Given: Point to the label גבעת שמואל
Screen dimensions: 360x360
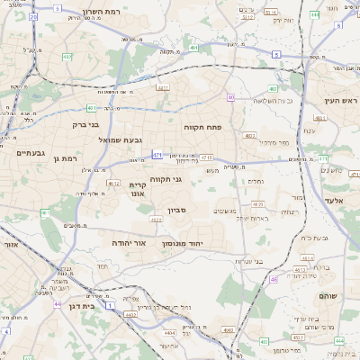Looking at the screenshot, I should (x=120, y=139).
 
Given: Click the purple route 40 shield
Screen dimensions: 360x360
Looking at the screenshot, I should (x=231, y=97).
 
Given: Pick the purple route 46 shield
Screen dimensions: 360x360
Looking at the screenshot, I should (x=274, y=279).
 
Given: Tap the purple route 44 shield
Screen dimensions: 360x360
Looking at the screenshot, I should (x=58, y=305).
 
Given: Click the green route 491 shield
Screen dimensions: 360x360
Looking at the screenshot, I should (x=45, y=212).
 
